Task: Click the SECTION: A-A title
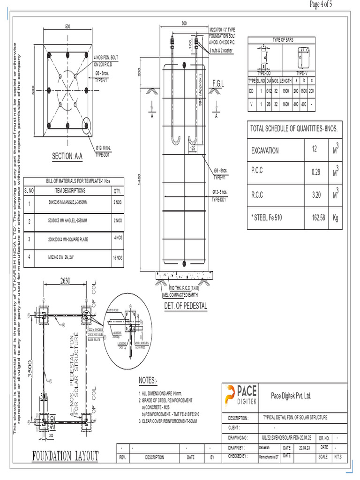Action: pyautogui.click(x=67, y=156)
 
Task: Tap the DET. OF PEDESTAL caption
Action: pyautogui.click(x=185, y=306)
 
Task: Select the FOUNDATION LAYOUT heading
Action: pyautogui.click(x=65, y=456)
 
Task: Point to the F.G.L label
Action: pyautogui.click(x=218, y=83)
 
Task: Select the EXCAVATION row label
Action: pyautogui.click(x=265, y=150)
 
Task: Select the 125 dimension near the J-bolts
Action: pyautogui.click(x=193, y=149)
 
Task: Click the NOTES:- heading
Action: pyautogui.click(x=149, y=379)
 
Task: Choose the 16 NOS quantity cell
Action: pyautogui.click(x=117, y=258)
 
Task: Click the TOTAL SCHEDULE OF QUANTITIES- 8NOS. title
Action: pyautogui.click(x=294, y=128)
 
